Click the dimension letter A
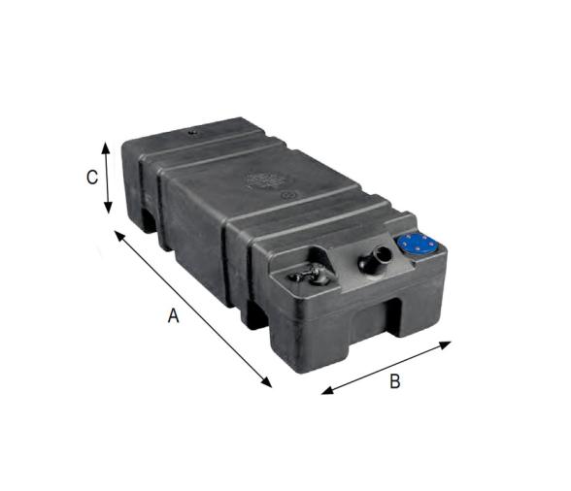[173, 315]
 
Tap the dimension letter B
[395, 381]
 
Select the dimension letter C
[91, 178]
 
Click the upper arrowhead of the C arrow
[106, 148]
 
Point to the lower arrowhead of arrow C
[108, 208]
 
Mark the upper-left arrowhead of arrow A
[120, 237]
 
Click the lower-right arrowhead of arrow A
[265, 381]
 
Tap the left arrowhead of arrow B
[328, 390]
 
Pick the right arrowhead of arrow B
[445, 344]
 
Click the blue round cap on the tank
[416, 244]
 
